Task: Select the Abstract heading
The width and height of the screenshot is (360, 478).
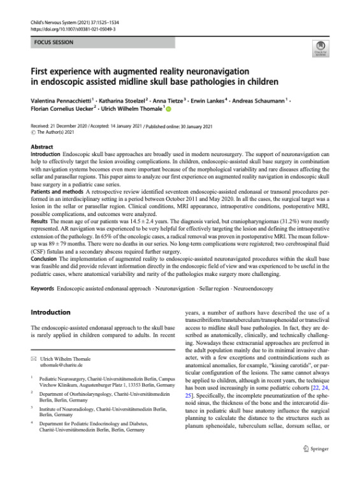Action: [x=42, y=147]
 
